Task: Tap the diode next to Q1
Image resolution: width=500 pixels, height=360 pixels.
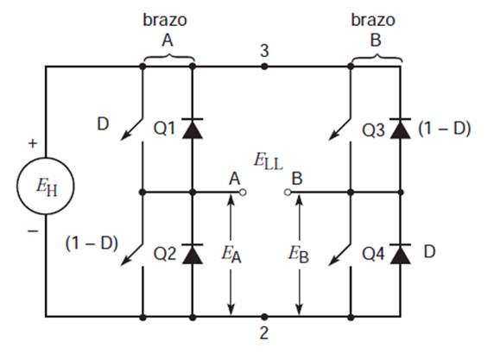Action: coord(193,129)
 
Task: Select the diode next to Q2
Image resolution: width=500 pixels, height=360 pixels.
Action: coord(193,254)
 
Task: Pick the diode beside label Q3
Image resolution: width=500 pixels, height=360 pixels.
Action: coord(401,129)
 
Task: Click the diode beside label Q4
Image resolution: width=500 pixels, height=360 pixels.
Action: coord(401,254)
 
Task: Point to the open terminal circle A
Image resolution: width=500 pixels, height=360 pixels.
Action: coord(243,193)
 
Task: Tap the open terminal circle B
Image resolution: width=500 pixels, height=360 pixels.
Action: coord(288,193)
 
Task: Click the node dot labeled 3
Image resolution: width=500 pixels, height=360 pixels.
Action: coord(264,66)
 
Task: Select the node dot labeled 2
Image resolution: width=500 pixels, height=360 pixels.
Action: coord(264,317)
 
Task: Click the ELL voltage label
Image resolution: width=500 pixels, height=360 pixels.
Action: coord(269,161)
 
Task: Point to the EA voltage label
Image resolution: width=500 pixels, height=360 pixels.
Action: coord(231,255)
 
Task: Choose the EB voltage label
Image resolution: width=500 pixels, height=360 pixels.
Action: coord(299,255)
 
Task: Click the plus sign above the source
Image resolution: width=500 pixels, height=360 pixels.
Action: coord(33,143)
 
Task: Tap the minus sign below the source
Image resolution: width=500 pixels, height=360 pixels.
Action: coord(33,231)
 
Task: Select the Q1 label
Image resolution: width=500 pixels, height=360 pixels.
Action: coord(164,129)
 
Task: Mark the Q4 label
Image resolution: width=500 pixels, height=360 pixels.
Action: coord(373,254)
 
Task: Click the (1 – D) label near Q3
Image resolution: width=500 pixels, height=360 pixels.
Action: coord(445,129)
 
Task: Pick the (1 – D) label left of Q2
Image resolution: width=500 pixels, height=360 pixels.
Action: coord(92,243)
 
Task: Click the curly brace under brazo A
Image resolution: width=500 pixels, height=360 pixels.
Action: coord(169,58)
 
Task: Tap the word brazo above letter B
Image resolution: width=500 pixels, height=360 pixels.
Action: coord(373,20)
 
